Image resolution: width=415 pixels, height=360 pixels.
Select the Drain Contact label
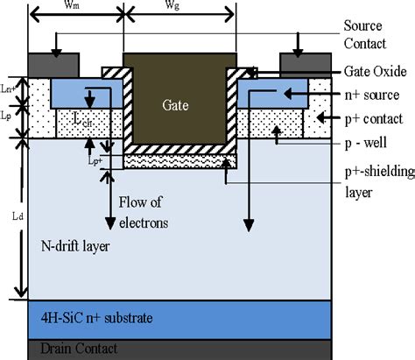tap(74, 348)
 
